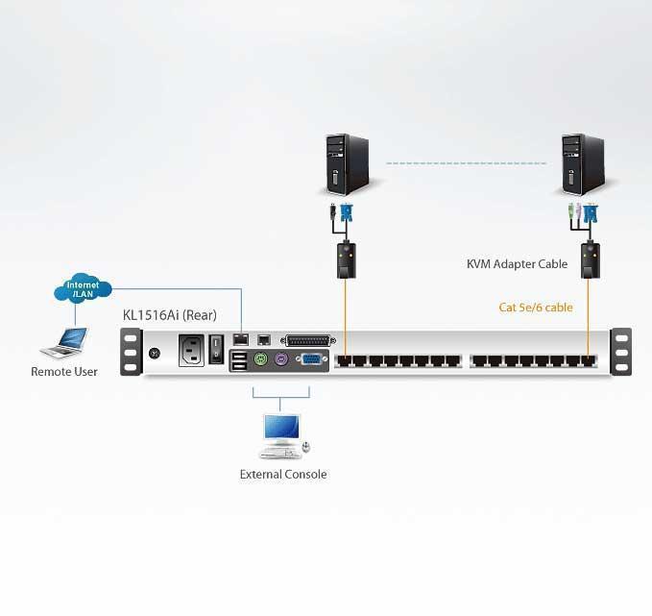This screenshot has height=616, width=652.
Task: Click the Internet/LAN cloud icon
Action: pyautogui.click(x=84, y=288)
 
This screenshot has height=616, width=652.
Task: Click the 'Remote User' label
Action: pyautogui.click(x=64, y=372)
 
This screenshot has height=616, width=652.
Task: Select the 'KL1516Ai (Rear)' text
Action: pyautogui.click(x=168, y=314)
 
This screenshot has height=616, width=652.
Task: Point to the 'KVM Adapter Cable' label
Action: pyautogui.click(x=517, y=264)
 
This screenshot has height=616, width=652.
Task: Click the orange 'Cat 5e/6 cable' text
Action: pyautogui.click(x=536, y=308)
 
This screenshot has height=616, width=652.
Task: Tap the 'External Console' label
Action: pyautogui.click(x=283, y=475)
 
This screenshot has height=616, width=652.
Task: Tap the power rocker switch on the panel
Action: pyautogui.click(x=218, y=345)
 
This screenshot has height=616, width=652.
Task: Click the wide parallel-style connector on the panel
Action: pyautogui.click(x=310, y=340)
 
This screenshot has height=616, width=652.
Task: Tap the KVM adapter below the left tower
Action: pyautogui.click(x=343, y=259)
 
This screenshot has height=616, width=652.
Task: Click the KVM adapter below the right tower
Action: pyautogui.click(x=589, y=259)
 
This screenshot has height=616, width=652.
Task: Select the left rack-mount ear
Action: pyautogui.click(x=131, y=353)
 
